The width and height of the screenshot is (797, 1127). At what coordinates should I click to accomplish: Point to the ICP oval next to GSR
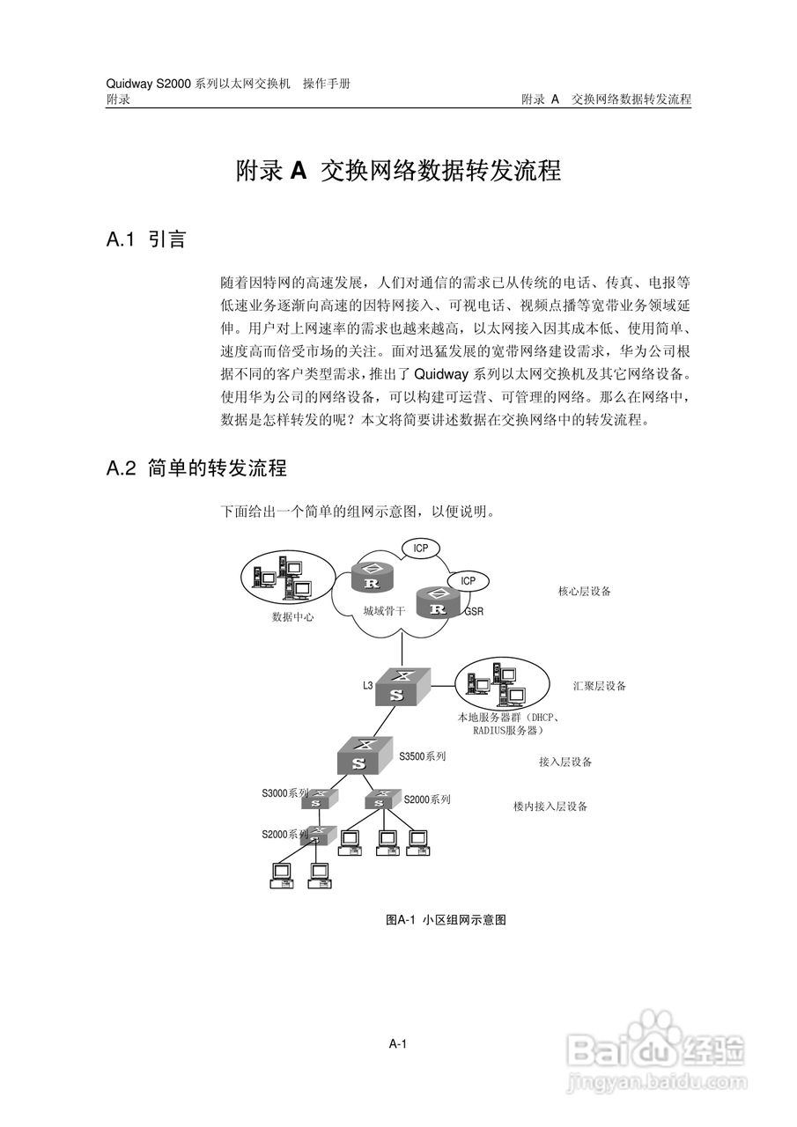point(468,580)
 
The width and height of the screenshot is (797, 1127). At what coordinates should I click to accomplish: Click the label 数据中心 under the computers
point(292,617)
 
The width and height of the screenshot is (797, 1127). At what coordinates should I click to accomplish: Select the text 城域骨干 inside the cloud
point(384,609)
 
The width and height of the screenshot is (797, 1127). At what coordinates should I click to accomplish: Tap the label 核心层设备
point(584,592)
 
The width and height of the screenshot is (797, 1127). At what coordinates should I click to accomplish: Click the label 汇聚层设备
point(599,686)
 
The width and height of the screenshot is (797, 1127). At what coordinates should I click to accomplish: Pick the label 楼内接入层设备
point(550,806)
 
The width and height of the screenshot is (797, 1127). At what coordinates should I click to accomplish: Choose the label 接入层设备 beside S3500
point(565,762)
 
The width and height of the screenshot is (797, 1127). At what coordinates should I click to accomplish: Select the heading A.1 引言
point(145,239)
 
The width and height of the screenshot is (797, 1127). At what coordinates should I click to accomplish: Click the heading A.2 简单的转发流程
point(196,468)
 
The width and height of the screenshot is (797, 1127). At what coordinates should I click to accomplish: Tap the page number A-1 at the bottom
point(397,1044)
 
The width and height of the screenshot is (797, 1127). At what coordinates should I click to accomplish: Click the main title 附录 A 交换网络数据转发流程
point(398,171)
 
